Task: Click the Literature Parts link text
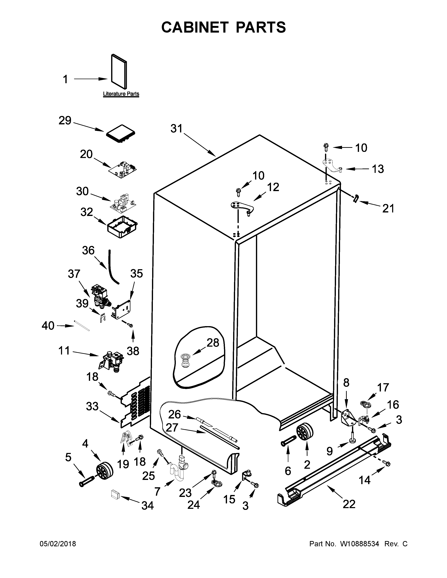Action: point(121,94)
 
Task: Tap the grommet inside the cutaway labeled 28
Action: point(185,361)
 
